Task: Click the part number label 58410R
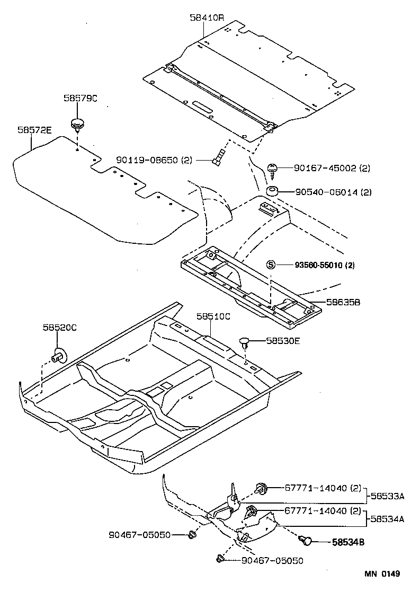[207, 17]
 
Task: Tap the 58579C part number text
[81, 98]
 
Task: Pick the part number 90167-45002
[325, 169]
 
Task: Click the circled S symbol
[271, 264]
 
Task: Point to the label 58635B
[343, 302]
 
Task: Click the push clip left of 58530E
[245, 342]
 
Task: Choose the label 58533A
[388, 496]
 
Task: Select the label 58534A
[388, 519]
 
